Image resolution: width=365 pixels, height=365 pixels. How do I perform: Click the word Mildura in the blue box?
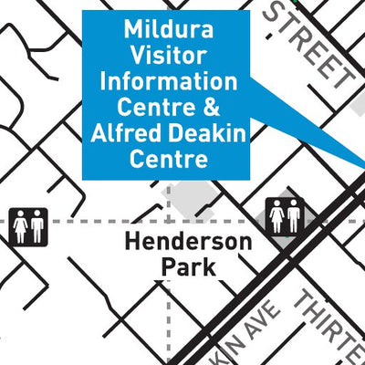[169, 30]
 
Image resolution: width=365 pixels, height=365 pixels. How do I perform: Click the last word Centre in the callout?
[168, 160]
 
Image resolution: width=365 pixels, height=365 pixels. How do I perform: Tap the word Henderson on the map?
[188, 243]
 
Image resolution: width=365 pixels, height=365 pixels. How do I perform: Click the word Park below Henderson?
[188, 267]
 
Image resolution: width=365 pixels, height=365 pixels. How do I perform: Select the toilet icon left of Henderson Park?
[29, 225]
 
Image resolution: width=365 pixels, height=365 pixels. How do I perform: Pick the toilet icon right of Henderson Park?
[286, 216]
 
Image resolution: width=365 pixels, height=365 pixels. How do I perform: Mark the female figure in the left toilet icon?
[21, 225]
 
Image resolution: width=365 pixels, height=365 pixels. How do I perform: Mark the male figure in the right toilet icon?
[295, 216]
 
